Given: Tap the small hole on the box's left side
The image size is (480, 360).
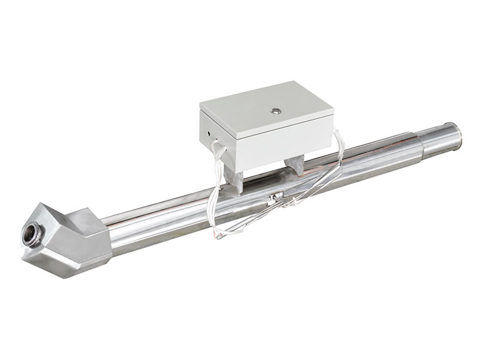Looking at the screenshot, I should pos(208,128).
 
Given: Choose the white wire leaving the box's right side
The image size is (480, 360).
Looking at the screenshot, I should pos(339,144).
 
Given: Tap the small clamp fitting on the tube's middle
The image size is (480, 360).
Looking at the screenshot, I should pos(277,197).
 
